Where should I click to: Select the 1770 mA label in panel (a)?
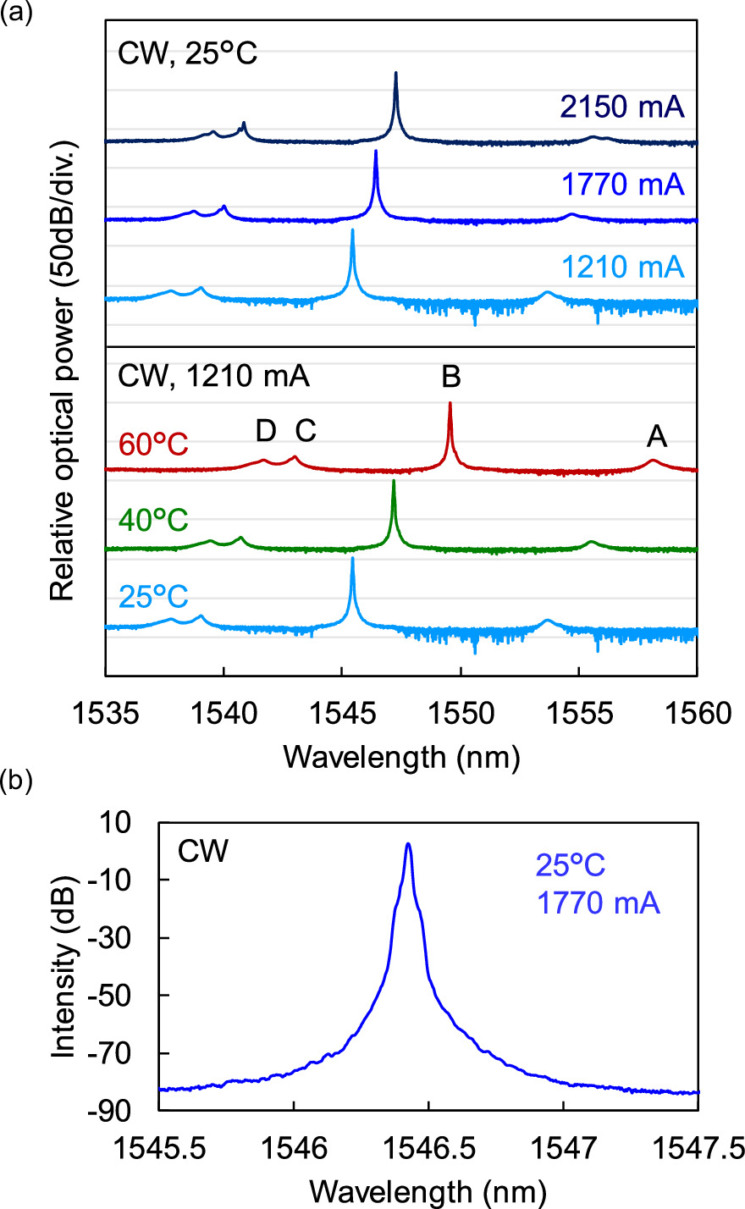click(621, 184)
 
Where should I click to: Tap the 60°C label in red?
click(152, 444)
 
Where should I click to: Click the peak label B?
click(450, 377)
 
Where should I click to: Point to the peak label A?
click(656, 437)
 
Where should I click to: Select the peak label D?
click(266, 431)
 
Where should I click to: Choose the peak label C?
click(305, 431)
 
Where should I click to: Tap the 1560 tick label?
click(696, 713)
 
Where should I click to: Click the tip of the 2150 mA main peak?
click(395, 74)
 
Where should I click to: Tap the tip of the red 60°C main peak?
click(450, 403)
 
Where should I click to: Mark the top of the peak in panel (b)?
click(408, 844)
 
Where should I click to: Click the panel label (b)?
click(15, 780)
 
